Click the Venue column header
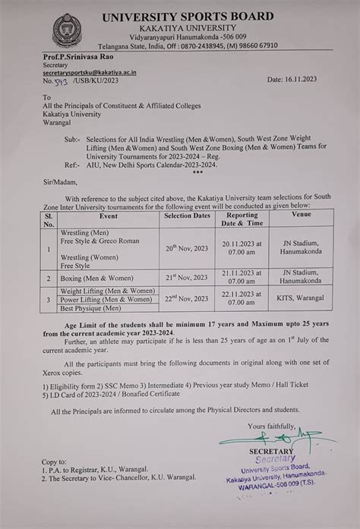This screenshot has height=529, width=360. [x=302, y=215]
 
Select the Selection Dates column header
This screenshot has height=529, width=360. [x=186, y=215]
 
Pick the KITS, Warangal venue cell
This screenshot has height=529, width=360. [x=302, y=299]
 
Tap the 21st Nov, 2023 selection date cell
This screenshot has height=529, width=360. [x=186, y=279]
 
